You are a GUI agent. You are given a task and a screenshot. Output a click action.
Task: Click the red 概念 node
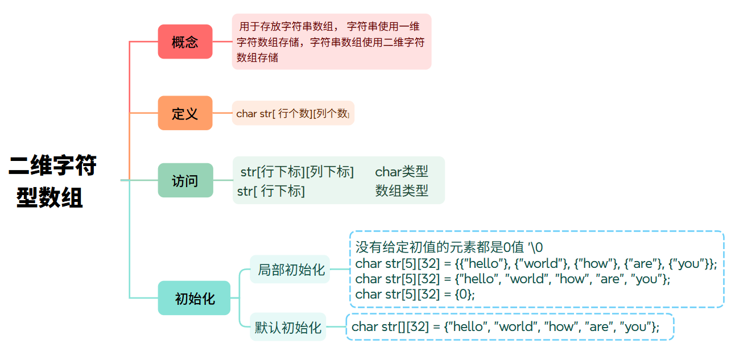185,42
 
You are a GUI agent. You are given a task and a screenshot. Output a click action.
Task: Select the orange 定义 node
185,113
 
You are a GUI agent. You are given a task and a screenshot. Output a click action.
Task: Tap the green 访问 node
185,180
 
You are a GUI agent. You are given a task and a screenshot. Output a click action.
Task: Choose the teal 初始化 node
194,298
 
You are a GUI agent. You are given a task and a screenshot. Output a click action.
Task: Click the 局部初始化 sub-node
290,270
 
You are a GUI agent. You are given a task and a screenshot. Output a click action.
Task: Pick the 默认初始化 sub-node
288,327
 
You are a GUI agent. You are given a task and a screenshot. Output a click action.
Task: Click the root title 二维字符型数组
52,181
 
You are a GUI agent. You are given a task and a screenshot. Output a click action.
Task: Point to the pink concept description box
331,42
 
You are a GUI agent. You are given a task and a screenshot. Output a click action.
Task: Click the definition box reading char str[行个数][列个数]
292,113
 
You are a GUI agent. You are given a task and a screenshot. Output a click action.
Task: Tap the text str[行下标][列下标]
297,172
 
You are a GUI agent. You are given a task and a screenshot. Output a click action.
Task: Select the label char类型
402,172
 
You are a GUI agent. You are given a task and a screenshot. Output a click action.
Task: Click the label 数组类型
402,191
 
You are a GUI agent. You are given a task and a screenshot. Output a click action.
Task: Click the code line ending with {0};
415,294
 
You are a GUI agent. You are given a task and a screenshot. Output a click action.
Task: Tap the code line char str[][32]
505,326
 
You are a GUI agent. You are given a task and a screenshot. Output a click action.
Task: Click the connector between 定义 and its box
222,113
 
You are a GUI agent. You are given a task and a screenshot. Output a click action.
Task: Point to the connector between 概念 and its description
222,42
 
